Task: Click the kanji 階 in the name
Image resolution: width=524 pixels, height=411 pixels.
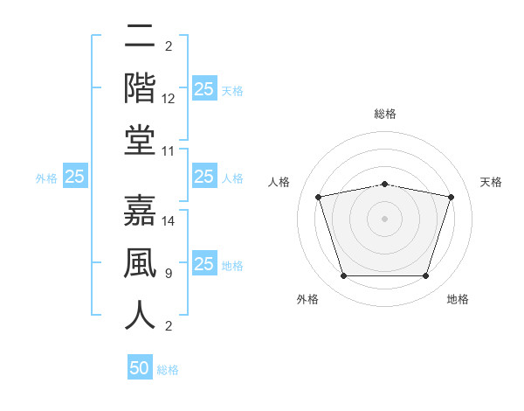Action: [x=140, y=88]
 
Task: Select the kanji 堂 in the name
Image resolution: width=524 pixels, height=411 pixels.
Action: [x=140, y=141]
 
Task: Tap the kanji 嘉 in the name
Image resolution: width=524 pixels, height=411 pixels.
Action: [x=140, y=210]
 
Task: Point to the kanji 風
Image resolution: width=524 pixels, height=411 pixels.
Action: [x=140, y=262]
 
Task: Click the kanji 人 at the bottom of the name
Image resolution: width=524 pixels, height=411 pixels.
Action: [x=140, y=315]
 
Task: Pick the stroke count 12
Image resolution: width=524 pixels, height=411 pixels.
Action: [x=168, y=99]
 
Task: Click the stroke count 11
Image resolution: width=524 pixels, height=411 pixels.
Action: [x=168, y=151]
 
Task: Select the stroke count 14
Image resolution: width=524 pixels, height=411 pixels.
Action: [x=168, y=221]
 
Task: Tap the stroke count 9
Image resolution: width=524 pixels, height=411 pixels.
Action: [x=169, y=274]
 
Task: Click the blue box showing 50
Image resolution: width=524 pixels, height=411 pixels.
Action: [x=140, y=366]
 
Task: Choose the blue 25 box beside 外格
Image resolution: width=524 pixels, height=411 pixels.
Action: [x=75, y=176]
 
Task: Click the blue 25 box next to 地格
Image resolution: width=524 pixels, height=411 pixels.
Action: [x=204, y=262]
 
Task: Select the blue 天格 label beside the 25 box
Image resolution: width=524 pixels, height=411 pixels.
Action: [x=232, y=91]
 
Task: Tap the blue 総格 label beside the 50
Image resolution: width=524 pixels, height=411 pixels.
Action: [x=168, y=370]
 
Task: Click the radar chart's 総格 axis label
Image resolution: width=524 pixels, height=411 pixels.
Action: [x=385, y=114]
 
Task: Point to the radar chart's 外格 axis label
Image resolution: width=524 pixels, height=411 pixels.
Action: [x=307, y=299]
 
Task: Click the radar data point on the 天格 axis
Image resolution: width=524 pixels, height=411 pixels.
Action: [x=452, y=197]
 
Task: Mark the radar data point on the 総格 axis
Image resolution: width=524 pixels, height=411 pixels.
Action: [x=384, y=185]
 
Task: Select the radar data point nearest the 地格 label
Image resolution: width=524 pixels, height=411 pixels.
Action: [x=426, y=275]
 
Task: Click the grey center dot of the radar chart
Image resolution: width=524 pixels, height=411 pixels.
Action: [x=384, y=219]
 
